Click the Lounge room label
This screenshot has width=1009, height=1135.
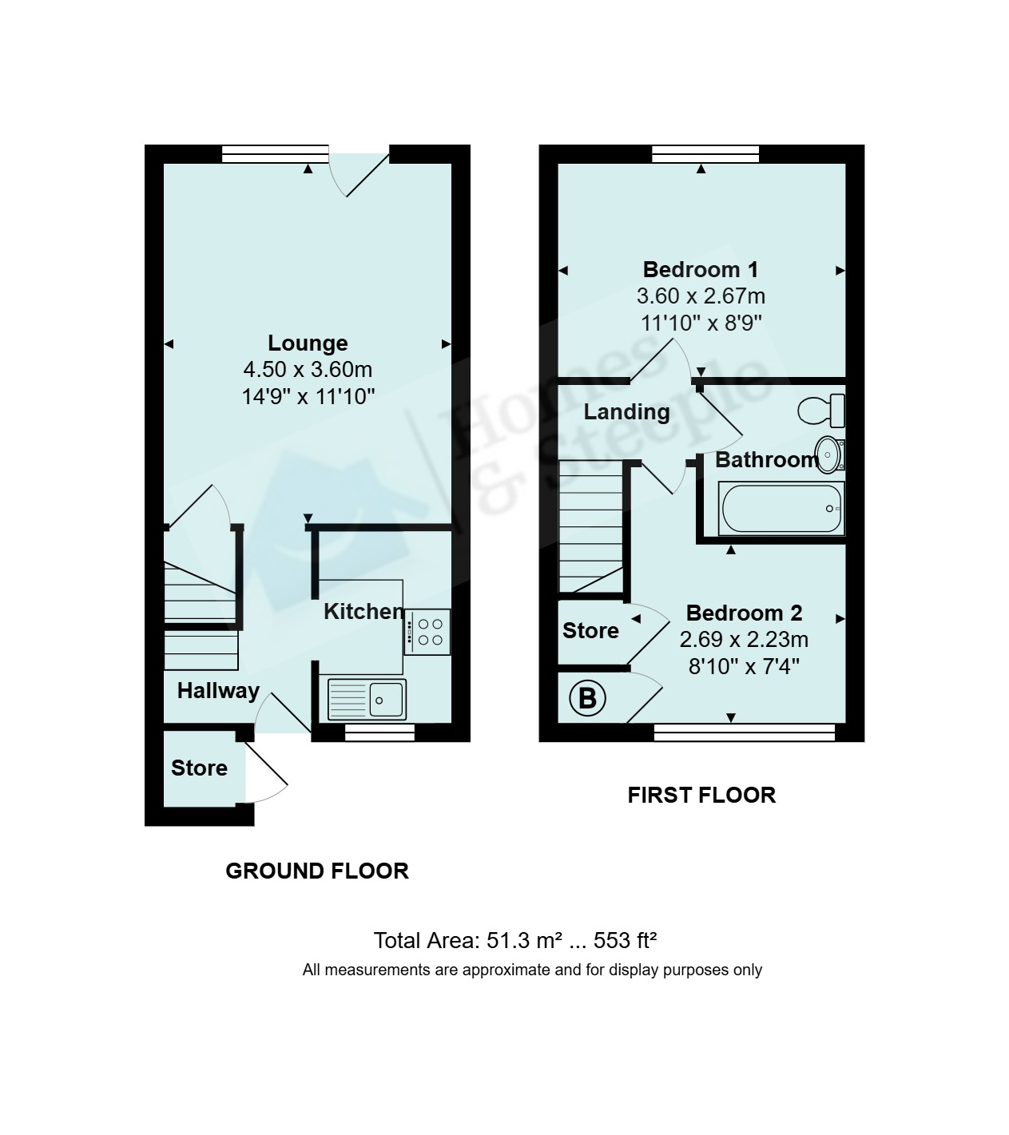308,343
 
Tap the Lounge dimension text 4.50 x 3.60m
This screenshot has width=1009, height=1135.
308,370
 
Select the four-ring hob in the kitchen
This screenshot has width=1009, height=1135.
427,632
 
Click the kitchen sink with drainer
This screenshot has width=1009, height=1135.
367,699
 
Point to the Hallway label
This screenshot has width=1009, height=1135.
218,692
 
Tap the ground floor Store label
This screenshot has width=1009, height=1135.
200,768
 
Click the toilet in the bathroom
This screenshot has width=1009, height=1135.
821,411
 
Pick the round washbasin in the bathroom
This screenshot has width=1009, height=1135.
830,454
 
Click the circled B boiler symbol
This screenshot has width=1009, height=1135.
587,699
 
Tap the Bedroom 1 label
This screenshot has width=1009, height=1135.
701,270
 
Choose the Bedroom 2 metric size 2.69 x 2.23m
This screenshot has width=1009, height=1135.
744,639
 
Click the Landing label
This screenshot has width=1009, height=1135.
627,412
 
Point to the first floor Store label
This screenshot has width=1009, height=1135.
590,631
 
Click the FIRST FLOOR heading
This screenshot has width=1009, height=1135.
701,795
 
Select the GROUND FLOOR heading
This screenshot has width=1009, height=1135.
317,871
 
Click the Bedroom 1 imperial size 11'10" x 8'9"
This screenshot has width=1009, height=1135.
701,323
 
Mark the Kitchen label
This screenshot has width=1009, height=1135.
363,612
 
